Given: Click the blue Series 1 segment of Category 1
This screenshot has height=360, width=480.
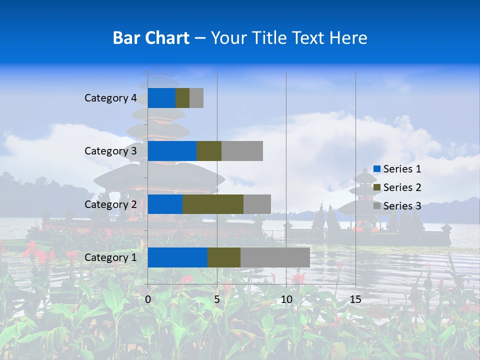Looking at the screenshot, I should [x=177, y=257].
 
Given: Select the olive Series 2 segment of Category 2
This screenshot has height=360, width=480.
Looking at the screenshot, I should [x=213, y=204].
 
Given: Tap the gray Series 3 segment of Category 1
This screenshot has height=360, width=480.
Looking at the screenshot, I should [x=275, y=257].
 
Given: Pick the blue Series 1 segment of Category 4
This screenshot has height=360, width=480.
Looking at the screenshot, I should [x=161, y=98].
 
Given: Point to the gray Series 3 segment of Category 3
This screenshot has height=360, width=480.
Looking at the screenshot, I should [x=242, y=151].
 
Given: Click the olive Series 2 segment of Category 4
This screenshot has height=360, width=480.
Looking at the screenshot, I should [x=182, y=98].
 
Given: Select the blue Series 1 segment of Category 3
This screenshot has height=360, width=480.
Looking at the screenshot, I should [x=172, y=151].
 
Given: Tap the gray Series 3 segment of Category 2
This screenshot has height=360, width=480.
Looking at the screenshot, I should [x=257, y=204].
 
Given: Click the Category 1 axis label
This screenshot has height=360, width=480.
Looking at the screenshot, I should [x=110, y=257].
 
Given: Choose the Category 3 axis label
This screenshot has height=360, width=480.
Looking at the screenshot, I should [x=110, y=151].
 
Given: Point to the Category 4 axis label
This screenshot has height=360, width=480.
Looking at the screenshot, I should [x=110, y=98].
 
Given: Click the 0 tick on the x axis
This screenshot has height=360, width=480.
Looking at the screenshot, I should [x=148, y=299].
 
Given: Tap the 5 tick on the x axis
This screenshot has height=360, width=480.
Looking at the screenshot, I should [x=217, y=299].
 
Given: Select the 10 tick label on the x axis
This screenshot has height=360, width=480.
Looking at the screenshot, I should [x=286, y=299].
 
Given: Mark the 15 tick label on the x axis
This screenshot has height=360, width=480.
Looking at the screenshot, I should [x=355, y=299].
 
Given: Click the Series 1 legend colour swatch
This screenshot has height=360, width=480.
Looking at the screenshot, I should [x=377, y=169].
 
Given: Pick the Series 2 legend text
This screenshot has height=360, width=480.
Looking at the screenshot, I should [x=402, y=187].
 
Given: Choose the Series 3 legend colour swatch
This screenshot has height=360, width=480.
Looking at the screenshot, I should [x=377, y=206].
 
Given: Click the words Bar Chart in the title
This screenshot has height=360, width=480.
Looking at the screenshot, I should [x=151, y=38].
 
